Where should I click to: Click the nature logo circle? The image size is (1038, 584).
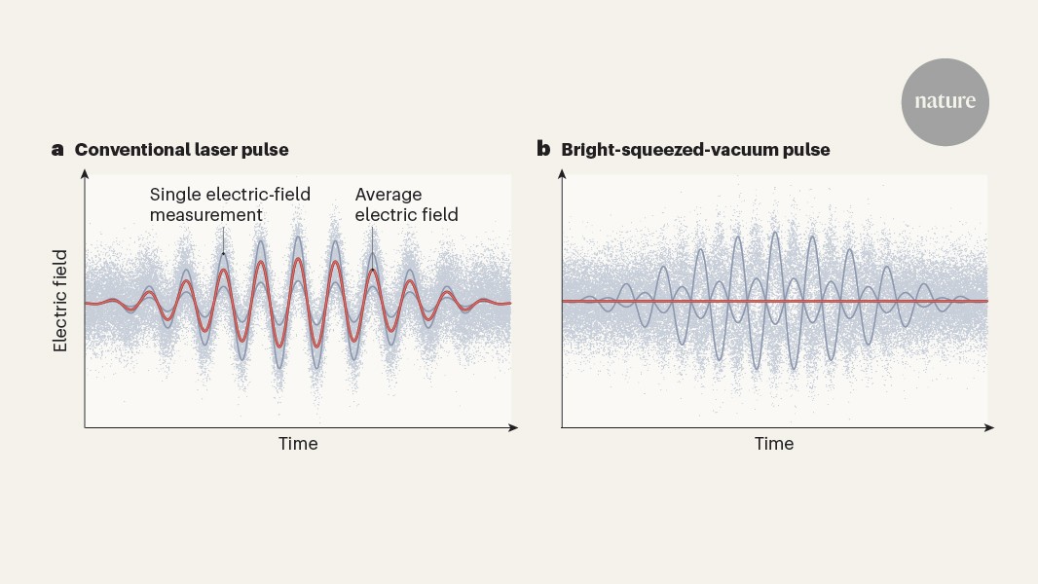945,102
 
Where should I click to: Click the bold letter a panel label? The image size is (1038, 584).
57,150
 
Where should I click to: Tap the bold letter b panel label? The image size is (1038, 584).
543,149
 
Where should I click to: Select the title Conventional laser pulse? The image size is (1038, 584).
181,150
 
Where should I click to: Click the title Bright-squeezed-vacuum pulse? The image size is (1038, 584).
695,150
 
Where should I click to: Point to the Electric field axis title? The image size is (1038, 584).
60,301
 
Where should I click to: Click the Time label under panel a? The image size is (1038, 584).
298,443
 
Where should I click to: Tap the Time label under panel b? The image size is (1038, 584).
774,443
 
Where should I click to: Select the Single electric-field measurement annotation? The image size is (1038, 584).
230,204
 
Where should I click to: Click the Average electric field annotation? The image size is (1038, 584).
406,204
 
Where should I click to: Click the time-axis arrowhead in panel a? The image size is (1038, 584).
513,428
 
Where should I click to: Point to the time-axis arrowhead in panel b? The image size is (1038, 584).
989,428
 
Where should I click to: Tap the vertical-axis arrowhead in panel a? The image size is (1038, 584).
85,174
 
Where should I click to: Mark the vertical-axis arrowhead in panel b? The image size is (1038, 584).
562,174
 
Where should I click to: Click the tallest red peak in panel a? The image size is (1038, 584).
299,259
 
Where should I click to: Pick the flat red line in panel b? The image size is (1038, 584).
774,301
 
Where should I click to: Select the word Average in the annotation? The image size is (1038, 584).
388,195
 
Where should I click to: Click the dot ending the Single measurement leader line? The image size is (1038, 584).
223,253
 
